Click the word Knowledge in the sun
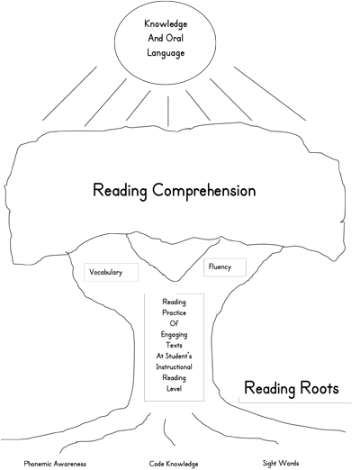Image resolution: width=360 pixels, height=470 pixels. (166, 24)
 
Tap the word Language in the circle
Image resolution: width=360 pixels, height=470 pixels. (166, 53)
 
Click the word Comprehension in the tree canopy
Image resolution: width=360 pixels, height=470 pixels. (204, 191)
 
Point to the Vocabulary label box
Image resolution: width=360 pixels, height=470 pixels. (111, 272)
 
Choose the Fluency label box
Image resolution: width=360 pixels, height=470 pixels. (225, 267)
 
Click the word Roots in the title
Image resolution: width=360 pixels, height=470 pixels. (319, 388)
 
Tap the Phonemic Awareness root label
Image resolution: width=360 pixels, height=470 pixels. (55, 464)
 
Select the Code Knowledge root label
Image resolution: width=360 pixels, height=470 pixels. (174, 464)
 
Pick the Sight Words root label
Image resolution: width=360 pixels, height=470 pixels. (281, 463)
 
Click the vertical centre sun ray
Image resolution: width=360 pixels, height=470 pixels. (168, 112)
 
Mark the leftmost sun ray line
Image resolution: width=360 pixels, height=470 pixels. (69, 94)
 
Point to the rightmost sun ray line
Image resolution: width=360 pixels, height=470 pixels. (270, 94)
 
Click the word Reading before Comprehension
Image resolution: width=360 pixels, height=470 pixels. (120, 191)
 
